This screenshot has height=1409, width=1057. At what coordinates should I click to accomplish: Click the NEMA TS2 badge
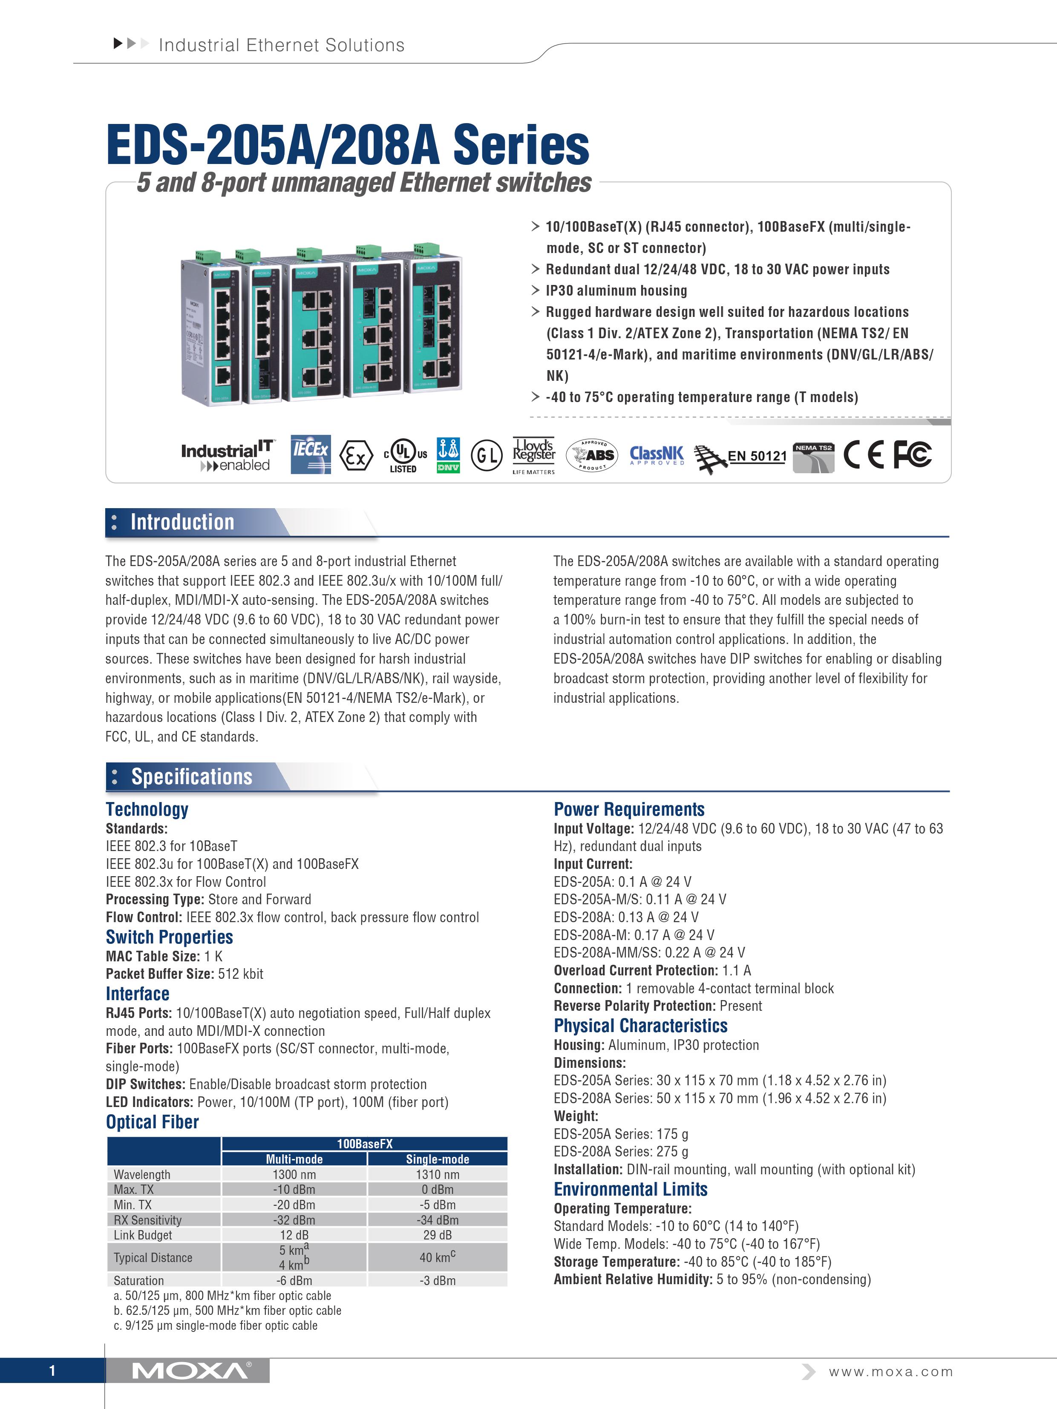(814, 457)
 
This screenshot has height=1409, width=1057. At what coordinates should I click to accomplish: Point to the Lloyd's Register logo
(534, 455)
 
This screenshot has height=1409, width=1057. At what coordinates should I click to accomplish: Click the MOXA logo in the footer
(191, 1371)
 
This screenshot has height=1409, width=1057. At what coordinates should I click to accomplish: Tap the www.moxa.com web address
(891, 1372)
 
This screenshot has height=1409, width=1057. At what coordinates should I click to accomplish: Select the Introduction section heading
(182, 522)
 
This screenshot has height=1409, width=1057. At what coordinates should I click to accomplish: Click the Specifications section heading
(191, 776)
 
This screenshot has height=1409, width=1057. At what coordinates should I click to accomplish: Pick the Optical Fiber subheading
(152, 1122)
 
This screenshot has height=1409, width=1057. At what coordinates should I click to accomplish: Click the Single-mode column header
(437, 1159)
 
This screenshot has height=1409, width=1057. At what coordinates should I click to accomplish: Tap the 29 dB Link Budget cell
(437, 1234)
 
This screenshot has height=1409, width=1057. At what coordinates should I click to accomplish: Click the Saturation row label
(139, 1280)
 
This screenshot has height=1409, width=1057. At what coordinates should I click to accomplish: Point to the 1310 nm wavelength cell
(437, 1174)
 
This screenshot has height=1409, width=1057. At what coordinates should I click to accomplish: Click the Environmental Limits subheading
(630, 1189)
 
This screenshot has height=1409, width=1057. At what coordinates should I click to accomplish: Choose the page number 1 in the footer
(52, 1371)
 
